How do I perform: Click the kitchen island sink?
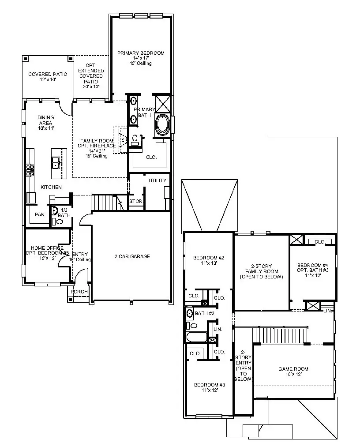[x=56, y=163]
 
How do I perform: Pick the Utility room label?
[x=157, y=180]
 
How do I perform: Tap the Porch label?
[x=79, y=292]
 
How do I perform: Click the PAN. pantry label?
[x=40, y=215]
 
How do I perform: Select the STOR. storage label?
[x=135, y=202]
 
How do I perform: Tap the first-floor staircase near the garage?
[x=105, y=203]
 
